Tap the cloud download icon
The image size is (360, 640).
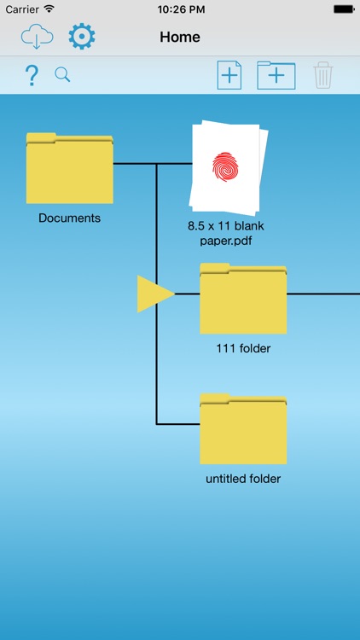(38, 37)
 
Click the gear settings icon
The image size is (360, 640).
(82, 37)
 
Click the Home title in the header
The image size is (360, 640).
(180, 38)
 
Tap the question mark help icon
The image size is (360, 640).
(32, 75)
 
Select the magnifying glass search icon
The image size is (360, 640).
(62, 75)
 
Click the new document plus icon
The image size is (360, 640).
(229, 75)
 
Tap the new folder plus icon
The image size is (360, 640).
(276, 75)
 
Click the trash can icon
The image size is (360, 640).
(323, 75)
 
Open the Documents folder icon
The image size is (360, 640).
(70, 168)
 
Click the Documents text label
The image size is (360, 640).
(69, 218)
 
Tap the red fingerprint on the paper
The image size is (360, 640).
(225, 167)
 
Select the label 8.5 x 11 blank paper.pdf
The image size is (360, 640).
(226, 234)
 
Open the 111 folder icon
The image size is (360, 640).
(243, 299)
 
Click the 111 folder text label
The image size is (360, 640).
(243, 348)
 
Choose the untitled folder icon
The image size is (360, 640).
(243, 428)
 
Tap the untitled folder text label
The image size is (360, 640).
(243, 479)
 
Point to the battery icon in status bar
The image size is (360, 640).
(344, 9)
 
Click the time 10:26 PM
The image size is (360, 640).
(180, 9)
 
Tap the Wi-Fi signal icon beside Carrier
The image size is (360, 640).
(49, 9)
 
